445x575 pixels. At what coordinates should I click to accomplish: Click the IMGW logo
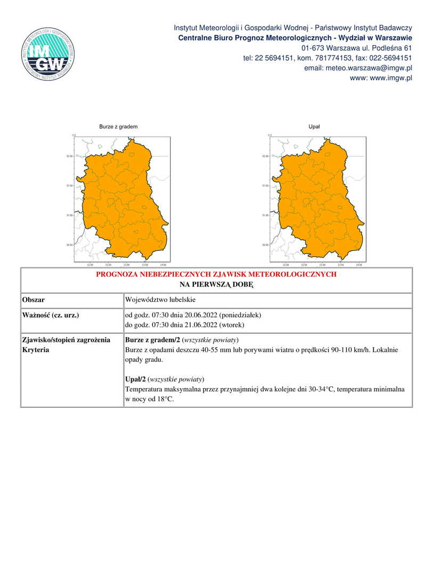pyautogui.click(x=48, y=54)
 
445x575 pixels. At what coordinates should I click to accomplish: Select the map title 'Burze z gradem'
pyautogui.click(x=118, y=127)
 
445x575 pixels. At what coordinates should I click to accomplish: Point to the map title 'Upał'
pyautogui.click(x=314, y=127)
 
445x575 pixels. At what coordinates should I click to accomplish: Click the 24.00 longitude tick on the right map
pyautogui.click(x=359, y=265)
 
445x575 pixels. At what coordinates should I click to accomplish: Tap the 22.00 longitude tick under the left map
pyautogui.click(x=90, y=265)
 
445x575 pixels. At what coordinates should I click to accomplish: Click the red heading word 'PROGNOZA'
pyautogui.click(x=116, y=274)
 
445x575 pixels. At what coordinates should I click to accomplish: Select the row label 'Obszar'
pyautogui.click(x=33, y=300)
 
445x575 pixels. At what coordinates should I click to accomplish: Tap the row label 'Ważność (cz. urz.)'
pyautogui.click(x=51, y=315)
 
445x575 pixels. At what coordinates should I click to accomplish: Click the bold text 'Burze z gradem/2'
pyautogui.click(x=152, y=340)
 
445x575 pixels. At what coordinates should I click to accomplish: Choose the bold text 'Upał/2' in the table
pyautogui.click(x=135, y=379)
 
